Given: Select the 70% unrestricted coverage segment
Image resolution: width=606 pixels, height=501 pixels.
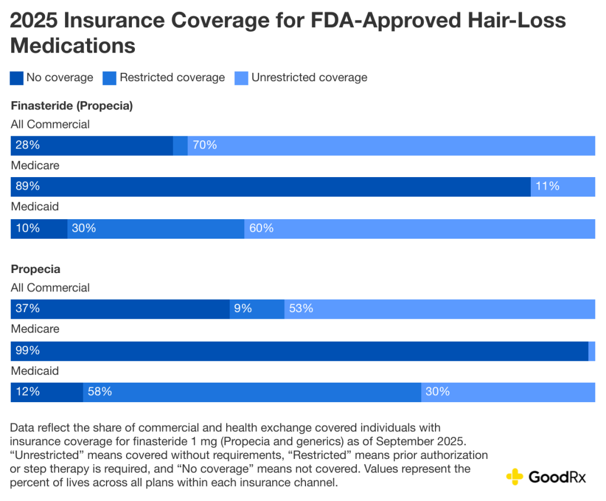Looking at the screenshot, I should pos(391,146).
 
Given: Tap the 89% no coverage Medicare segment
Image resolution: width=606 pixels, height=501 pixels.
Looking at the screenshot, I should pos(270,187).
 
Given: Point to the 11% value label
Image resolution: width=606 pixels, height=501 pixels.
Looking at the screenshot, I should pos(547,187).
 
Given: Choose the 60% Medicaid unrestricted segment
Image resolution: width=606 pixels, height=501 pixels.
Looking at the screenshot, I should pos(420,229).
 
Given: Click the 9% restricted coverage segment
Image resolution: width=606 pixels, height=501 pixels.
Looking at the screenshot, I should pos(257,309).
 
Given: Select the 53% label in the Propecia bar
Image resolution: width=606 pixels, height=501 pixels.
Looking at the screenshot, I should pos(301,309).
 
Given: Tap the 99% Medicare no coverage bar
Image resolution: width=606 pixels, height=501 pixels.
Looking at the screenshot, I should pos(299,351).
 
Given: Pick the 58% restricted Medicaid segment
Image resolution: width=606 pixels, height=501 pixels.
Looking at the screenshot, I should pos(252,392).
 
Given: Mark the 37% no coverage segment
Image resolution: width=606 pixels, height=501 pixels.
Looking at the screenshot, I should pos(120,309).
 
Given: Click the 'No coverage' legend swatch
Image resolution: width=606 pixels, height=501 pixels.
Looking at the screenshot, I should pos(17,78).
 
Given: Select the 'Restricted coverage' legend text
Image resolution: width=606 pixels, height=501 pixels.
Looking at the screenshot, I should pos(172,78).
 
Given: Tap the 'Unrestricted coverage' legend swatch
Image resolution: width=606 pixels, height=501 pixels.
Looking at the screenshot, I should pos(241,78).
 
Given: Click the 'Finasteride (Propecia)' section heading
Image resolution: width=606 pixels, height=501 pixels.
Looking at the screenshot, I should pos(72,106).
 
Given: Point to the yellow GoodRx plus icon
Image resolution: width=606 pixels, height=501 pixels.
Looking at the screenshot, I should pos(515,477).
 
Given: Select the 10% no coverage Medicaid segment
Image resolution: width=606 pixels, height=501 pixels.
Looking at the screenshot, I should pos(39,229).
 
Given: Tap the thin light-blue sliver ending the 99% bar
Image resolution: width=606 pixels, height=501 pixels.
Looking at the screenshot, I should pos(592,351).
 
